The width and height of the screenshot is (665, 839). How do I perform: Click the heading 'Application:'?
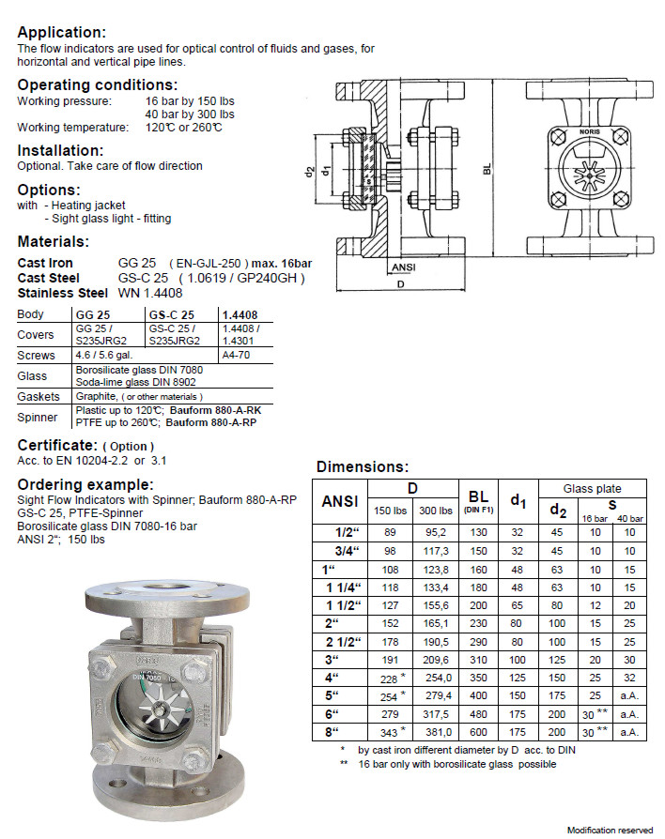(x=62, y=32)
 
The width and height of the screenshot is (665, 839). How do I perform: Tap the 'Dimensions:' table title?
(x=363, y=466)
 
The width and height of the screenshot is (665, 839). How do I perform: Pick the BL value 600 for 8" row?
(x=478, y=732)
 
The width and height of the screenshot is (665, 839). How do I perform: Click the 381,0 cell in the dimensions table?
(x=438, y=732)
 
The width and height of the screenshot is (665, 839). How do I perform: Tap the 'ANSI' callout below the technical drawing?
(x=402, y=267)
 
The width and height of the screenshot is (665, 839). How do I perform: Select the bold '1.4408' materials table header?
(x=239, y=314)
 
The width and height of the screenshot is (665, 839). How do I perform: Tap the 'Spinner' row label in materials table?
(x=38, y=416)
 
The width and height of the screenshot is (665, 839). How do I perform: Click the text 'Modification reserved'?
(x=610, y=830)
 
